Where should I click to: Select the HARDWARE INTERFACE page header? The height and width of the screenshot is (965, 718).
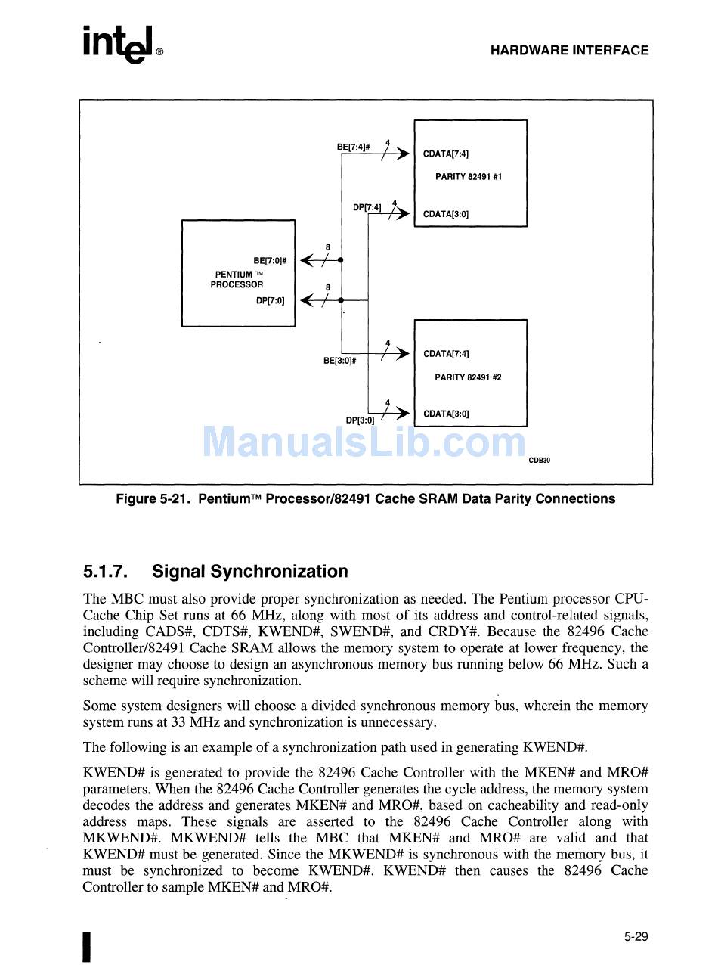(x=569, y=51)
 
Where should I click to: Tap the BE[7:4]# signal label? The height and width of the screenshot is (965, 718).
(x=353, y=147)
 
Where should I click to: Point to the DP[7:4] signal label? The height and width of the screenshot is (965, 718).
(x=367, y=207)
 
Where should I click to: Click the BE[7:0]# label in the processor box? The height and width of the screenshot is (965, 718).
(x=270, y=261)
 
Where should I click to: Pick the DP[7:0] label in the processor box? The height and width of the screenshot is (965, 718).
(x=271, y=300)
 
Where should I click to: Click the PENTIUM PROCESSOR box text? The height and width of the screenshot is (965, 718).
(x=237, y=280)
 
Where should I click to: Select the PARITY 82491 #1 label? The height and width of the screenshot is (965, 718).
(x=469, y=177)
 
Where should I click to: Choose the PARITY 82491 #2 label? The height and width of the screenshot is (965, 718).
(x=468, y=377)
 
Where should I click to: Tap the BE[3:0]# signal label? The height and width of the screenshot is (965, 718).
(x=339, y=361)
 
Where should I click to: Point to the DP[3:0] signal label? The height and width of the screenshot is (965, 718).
(x=360, y=420)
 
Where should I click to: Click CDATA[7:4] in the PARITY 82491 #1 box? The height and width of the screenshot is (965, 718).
(x=446, y=154)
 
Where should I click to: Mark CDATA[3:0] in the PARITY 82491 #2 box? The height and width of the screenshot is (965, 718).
(x=446, y=414)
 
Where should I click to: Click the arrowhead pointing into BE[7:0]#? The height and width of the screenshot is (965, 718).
(x=307, y=261)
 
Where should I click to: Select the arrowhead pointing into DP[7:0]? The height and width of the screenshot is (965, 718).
(x=307, y=300)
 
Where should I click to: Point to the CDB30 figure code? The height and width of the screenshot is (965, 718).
(x=539, y=460)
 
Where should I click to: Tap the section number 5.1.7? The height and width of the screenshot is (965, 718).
(x=105, y=571)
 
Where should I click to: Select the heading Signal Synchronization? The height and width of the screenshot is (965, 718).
(x=250, y=571)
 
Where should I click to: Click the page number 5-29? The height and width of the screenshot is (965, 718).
(x=636, y=937)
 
